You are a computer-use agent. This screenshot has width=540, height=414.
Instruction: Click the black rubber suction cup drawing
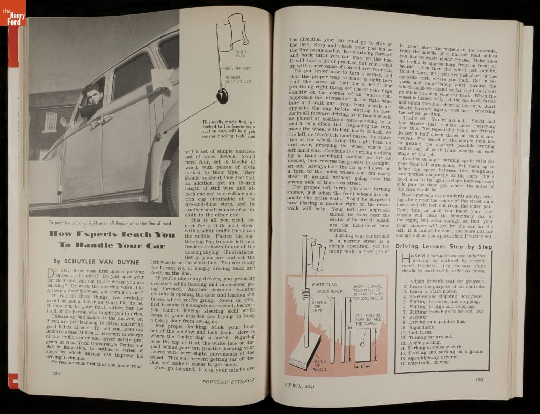click(x=223, y=95)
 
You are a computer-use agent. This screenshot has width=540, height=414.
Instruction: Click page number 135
click(x=479, y=379)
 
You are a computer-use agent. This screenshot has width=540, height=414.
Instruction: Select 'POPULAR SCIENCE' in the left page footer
click(x=228, y=381)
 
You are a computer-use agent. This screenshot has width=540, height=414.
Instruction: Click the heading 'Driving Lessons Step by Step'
click(x=443, y=246)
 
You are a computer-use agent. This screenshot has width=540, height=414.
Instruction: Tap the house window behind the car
click(x=50, y=122)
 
